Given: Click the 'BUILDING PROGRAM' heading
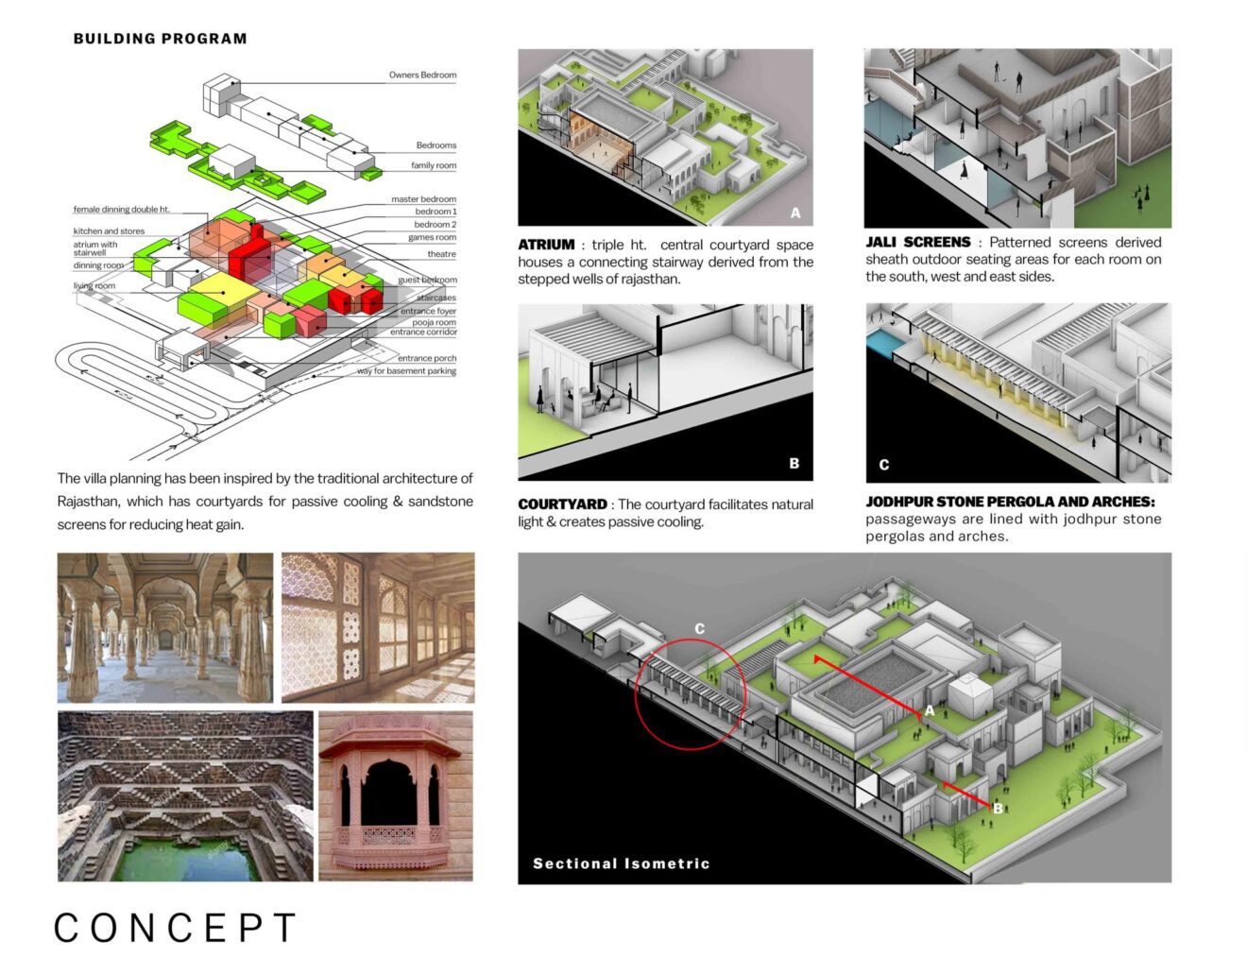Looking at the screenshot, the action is point(160,39).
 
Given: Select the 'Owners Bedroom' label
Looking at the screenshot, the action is point(422,76).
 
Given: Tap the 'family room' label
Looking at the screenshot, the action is point(434,166).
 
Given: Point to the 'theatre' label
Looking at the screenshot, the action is point(441,253).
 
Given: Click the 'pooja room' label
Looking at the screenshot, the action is point(434,322).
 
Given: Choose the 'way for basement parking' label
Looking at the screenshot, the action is point(406,371).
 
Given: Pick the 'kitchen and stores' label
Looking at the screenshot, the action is point(109,231).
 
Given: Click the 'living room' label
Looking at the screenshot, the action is point(94,285).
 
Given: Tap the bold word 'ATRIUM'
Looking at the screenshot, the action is point(546,245).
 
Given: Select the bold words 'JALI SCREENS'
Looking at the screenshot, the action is point(918,242).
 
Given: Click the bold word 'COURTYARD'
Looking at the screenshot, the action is point(562,504).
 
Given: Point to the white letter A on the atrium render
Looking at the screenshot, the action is point(795,213).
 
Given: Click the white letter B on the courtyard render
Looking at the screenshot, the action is point(794,463).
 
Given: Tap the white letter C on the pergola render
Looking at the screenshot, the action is point(883,465).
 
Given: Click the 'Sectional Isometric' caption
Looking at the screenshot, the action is point(621,863).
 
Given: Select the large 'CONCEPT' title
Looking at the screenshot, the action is point(176,929).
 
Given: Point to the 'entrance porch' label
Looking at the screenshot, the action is point(427,358).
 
